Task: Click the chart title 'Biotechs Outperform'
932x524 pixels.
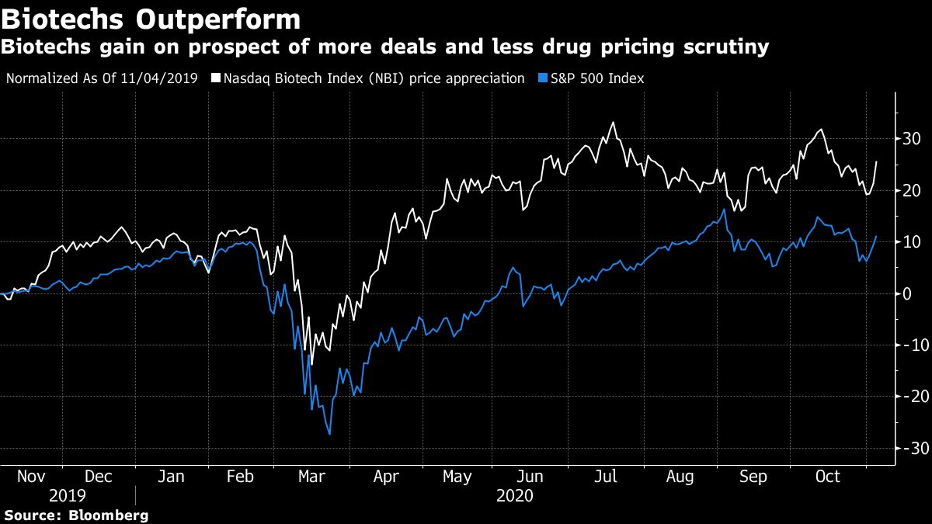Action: (x=151, y=18)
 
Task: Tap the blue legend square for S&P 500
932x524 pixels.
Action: (x=541, y=78)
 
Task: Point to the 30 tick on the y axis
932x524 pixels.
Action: (x=911, y=139)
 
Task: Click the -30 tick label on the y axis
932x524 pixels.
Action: (x=909, y=449)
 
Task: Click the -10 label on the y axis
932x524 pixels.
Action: (x=909, y=345)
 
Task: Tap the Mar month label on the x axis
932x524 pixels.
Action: (x=312, y=477)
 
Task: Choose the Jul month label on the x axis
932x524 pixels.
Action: (x=605, y=477)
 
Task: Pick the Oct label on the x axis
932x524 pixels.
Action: (x=828, y=477)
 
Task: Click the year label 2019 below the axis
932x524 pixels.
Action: (x=68, y=495)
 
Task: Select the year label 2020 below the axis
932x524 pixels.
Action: (x=514, y=495)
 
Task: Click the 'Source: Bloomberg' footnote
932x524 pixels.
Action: (x=75, y=515)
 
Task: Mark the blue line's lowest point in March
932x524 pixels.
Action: (x=329, y=434)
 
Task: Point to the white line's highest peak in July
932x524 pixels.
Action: (x=614, y=122)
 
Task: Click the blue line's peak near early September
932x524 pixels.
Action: (x=725, y=209)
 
